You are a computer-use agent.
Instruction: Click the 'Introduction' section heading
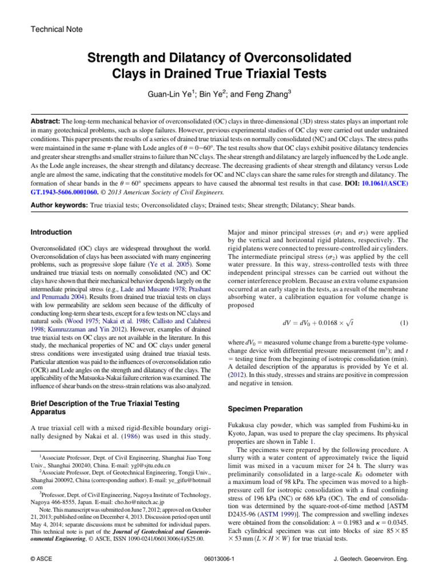click(51, 233)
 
